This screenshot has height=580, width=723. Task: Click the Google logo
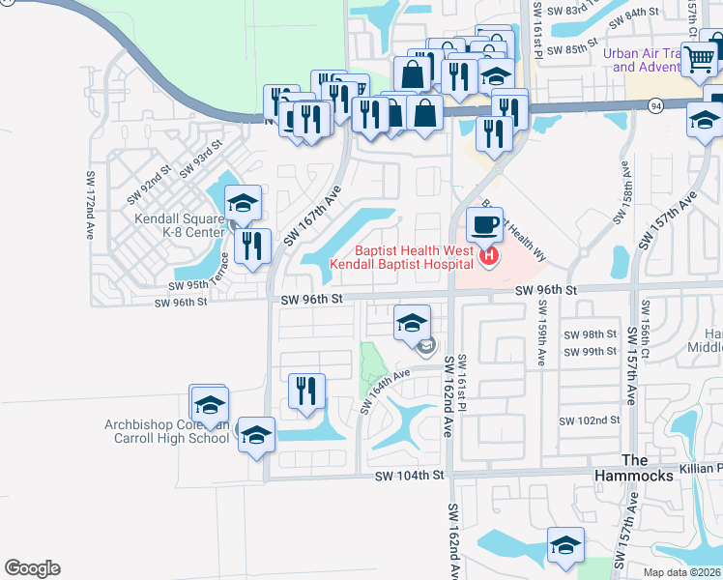32,568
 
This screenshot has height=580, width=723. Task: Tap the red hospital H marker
489,256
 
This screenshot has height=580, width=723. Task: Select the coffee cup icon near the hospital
484,225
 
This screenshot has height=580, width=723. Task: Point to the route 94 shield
656,106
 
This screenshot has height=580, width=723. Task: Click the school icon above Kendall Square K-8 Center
243,203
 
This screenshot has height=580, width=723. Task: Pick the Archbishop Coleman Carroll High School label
168,431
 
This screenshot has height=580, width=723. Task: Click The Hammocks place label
649,468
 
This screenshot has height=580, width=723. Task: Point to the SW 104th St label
411,476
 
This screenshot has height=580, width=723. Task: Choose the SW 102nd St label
590,420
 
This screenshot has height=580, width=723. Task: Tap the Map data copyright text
681,572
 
